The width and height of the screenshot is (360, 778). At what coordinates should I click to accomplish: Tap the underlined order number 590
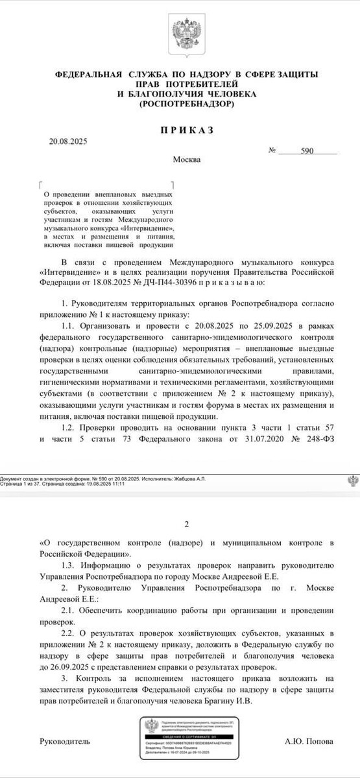click(307, 150)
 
